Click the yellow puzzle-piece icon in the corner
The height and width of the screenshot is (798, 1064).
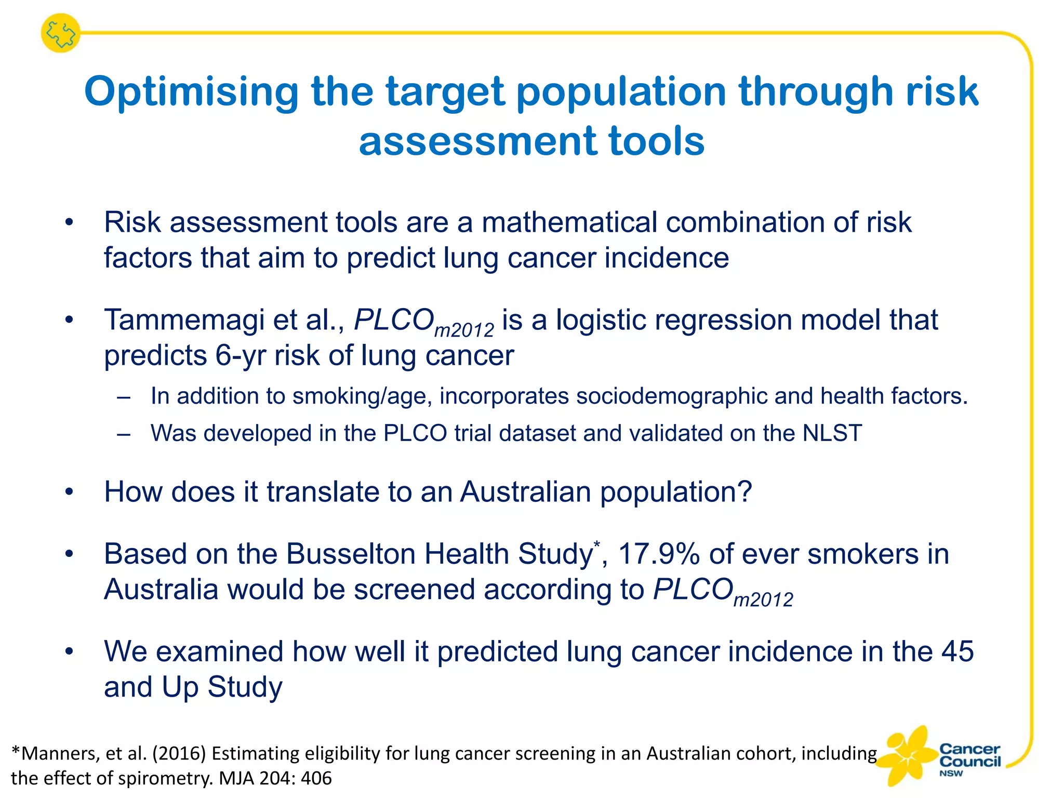pos(61,33)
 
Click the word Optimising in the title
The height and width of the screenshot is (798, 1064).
pos(191,92)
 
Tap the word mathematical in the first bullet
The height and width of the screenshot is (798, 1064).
pos(569,222)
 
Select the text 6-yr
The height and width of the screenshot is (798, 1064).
pos(240,356)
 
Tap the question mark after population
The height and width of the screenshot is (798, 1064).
pos(745,491)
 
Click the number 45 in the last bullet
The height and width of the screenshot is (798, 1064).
pos(957,651)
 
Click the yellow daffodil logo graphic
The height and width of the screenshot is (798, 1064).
pos(907,756)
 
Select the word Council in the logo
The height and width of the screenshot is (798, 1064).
pos(969,762)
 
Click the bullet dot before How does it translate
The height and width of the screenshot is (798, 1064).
pos(69,492)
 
